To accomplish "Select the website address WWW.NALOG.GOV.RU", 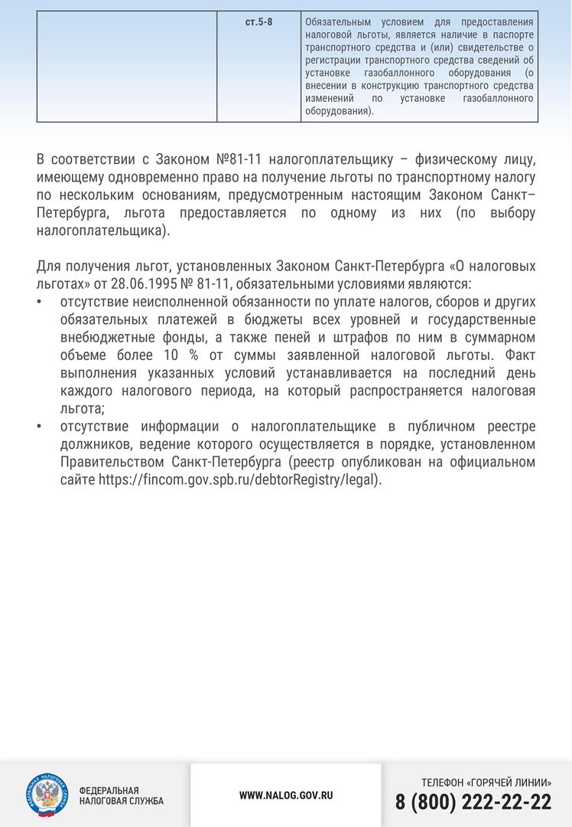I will point(286,796).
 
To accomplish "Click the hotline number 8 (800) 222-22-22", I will point(473,802).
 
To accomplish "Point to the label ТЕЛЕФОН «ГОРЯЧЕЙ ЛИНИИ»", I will point(486,783).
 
